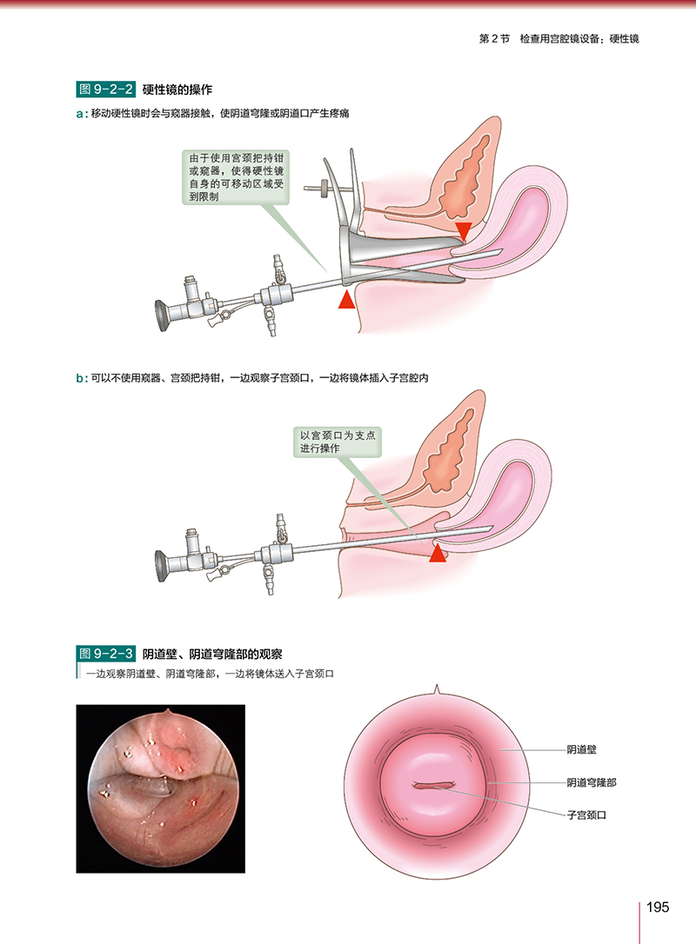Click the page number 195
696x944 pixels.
coord(657,907)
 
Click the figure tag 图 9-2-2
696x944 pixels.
coord(105,89)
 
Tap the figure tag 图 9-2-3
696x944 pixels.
coord(105,653)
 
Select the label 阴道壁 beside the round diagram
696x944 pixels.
coord(581,748)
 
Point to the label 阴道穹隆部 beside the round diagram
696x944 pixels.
coord(591,782)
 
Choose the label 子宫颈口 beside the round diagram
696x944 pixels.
coord(586,815)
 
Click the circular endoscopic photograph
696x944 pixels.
coord(161,788)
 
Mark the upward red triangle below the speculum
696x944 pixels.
coord(347,300)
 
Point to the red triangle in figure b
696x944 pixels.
coord(438,553)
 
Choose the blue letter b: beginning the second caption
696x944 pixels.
coord(82,378)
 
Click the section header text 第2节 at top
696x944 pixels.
coord(494,39)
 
